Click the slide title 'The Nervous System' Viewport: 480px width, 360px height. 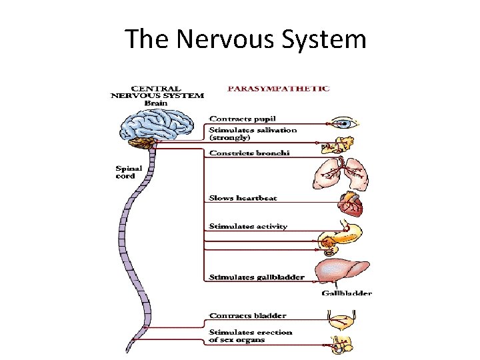[245, 39]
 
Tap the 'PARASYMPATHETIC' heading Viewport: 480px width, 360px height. [279, 88]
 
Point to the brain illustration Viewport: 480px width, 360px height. [159, 126]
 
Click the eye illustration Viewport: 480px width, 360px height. [343, 123]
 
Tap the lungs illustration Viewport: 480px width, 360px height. [339, 172]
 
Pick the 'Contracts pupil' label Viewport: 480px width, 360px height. [243, 119]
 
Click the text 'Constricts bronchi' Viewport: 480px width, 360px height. [249, 153]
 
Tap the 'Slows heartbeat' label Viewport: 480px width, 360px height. [243, 198]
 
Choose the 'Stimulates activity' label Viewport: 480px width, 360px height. [248, 227]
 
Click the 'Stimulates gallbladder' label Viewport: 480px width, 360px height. [257, 277]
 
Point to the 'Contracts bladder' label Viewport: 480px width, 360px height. [247, 315]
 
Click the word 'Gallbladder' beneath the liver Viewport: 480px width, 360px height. [347, 293]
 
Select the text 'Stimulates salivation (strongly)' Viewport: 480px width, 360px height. [253, 133]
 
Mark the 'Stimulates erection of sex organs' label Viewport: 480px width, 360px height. [250, 335]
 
